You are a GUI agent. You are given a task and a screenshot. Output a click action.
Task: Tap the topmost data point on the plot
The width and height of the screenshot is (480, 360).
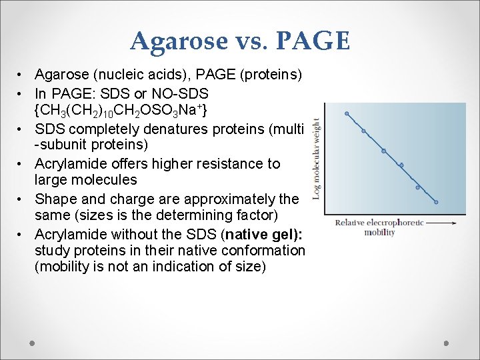coord(347,114)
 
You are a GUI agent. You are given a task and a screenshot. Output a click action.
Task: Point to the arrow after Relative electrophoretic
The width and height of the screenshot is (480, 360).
coord(441,223)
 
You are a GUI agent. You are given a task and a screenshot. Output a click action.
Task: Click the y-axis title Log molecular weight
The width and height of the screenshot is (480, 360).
coord(316,159)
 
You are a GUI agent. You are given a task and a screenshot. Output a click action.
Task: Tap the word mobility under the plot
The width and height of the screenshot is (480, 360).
coord(380,233)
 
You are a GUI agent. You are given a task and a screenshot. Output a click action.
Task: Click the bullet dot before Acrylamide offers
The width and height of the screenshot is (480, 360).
coord(22,164)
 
